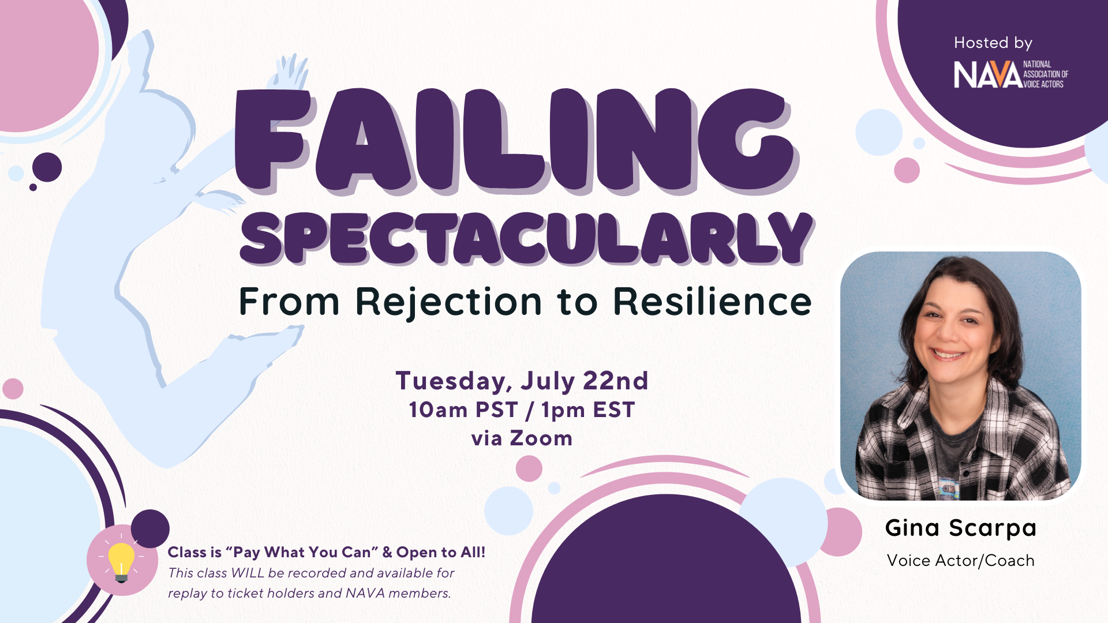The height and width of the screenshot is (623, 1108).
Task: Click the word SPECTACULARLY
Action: click(x=527, y=238)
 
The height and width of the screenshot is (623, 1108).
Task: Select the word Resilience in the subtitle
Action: click(x=712, y=301)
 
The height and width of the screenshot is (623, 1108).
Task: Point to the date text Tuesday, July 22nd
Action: click(x=522, y=381)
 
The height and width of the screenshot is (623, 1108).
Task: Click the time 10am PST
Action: click(x=463, y=410)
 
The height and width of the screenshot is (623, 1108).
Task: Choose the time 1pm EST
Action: click(x=588, y=410)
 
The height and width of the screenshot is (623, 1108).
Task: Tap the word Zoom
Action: click(x=541, y=438)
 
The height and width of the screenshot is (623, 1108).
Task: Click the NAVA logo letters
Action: click(x=987, y=75)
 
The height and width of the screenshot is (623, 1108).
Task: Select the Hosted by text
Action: click(x=993, y=43)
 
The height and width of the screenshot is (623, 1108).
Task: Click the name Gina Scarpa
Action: click(x=961, y=528)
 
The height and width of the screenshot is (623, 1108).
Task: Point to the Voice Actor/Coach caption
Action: click(x=961, y=560)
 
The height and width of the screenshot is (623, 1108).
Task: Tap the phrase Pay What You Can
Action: click(x=301, y=552)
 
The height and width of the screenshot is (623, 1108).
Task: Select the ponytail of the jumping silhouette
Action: click(x=222, y=199)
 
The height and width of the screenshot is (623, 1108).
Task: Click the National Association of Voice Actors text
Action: click(x=1046, y=74)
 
